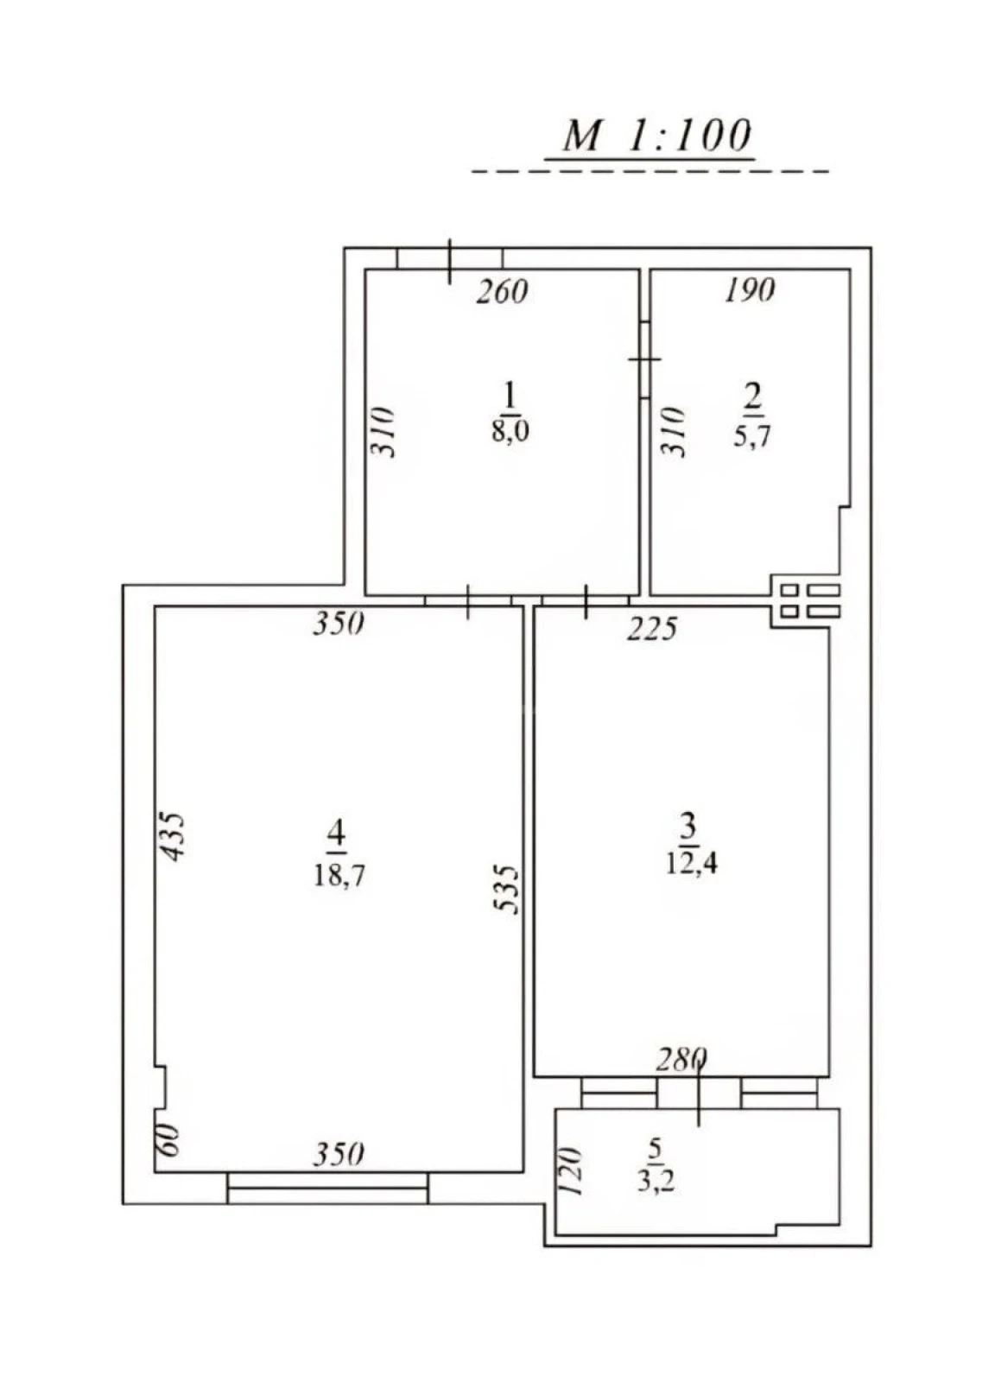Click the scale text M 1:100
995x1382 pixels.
[656, 136]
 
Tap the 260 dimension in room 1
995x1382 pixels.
[502, 292]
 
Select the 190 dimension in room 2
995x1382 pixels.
[749, 290]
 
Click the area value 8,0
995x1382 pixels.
[510, 430]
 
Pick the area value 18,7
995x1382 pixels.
[339, 875]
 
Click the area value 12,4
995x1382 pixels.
[691, 862]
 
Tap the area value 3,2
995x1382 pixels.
[656, 1180]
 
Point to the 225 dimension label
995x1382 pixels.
[651, 629]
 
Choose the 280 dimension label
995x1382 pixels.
[681, 1058]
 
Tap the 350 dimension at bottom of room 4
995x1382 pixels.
[338, 1154]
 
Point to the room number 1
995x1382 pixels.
[510, 396]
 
